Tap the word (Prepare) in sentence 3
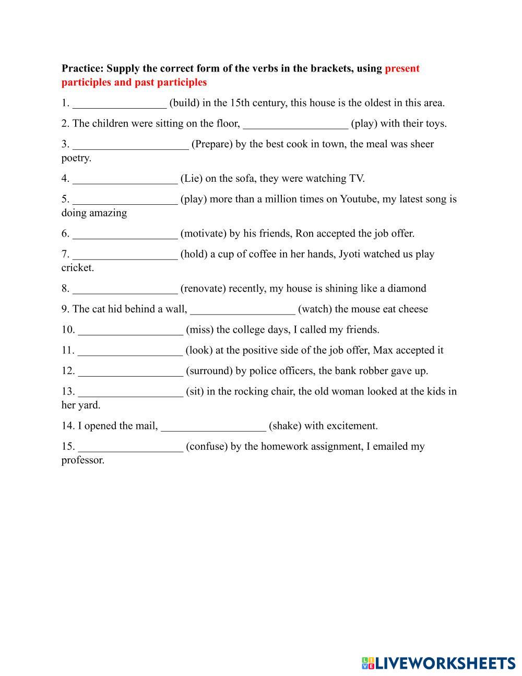pyautogui.click(x=212, y=144)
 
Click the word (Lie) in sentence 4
pyautogui.click(x=191, y=179)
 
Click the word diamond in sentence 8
pyautogui.click(x=407, y=288)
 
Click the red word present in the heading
pyautogui.click(x=402, y=68)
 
